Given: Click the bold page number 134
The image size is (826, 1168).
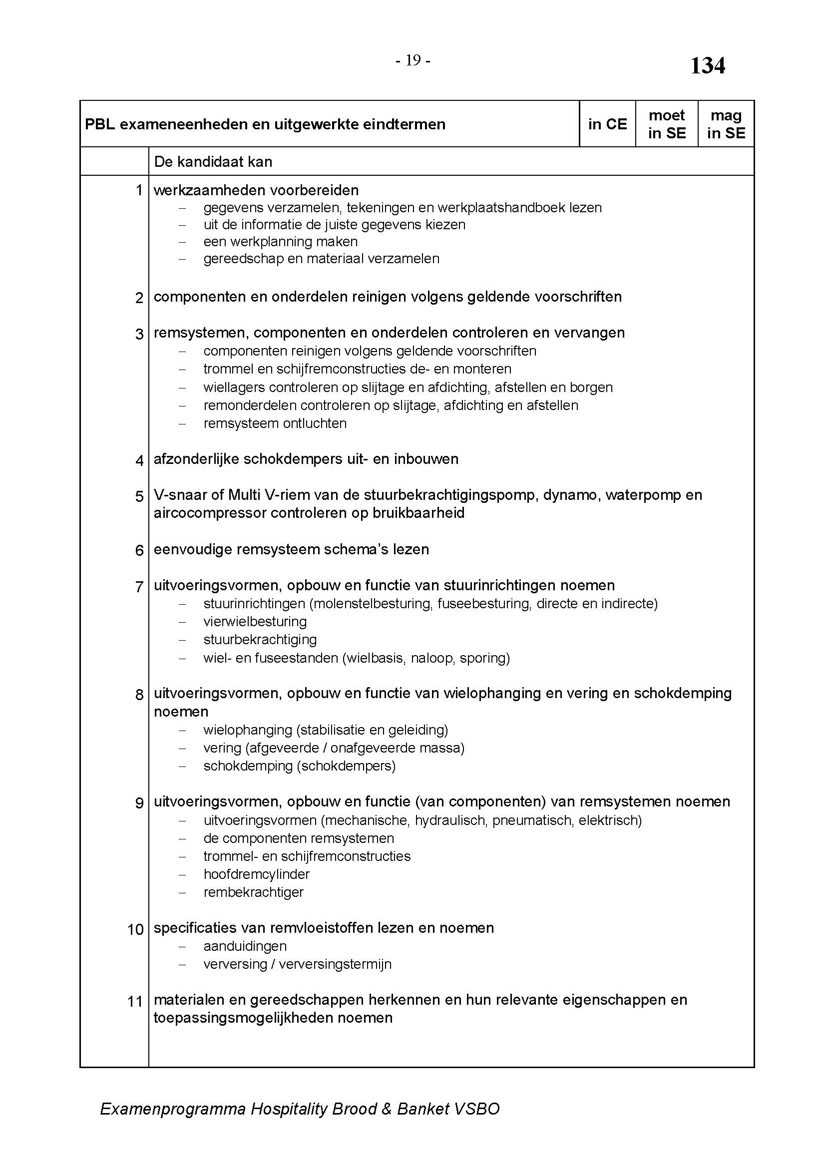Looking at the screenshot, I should pos(707,66).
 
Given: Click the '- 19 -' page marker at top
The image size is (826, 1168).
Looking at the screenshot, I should pos(413,61).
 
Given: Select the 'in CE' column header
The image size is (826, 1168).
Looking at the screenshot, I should pos(607,124).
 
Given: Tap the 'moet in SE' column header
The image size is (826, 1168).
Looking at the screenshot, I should pos(666,124).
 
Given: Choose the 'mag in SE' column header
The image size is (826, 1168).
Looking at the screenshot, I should pos(726,124).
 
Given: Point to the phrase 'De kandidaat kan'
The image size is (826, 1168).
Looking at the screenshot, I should pos(213,162).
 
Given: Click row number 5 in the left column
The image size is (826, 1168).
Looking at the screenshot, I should pos(139,496).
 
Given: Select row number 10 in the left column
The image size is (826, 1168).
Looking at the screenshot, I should pos(135,929).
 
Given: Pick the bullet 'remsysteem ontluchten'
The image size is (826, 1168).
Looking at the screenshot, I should pos(275,423).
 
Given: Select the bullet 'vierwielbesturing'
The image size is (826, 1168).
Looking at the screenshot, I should pos(255,622).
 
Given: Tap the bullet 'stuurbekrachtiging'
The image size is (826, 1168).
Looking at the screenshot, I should pos(260,640).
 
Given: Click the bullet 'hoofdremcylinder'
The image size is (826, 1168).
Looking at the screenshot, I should pos(256,874).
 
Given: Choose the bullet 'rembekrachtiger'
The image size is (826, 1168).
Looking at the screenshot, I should pos(253,892).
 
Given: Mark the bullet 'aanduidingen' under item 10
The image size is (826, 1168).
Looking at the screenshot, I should pos(245,946).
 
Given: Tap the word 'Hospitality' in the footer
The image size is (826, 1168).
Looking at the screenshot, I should pos(288,1109).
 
